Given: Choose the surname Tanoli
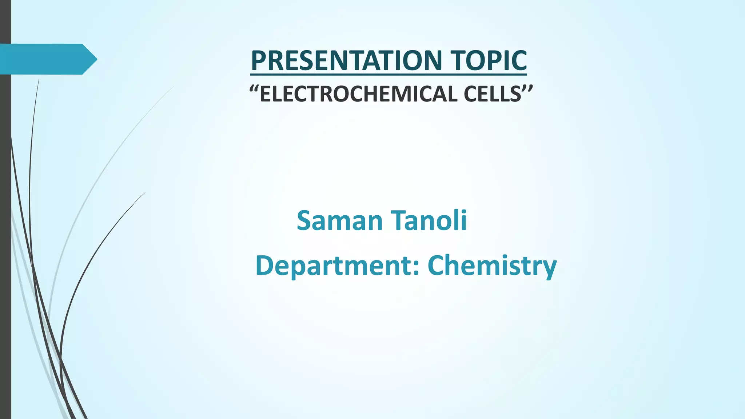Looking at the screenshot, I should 429,220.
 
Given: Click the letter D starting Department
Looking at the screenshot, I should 265,265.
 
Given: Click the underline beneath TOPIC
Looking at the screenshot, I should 489,75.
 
